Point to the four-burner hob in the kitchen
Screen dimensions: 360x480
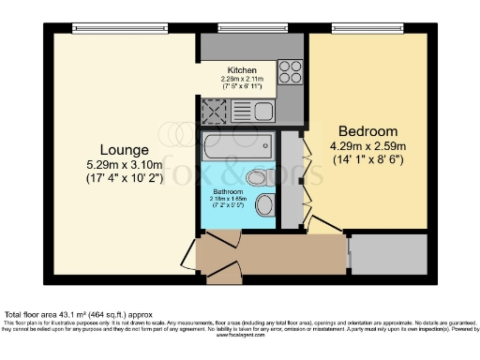click(x=290, y=71)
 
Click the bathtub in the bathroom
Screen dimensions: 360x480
click(x=236, y=146)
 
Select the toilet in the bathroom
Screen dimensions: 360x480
click(x=255, y=177)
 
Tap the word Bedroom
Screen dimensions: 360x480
click(x=367, y=130)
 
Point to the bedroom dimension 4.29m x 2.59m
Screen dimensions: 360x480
click(x=367, y=145)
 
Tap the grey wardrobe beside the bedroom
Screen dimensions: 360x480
click(x=290, y=178)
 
